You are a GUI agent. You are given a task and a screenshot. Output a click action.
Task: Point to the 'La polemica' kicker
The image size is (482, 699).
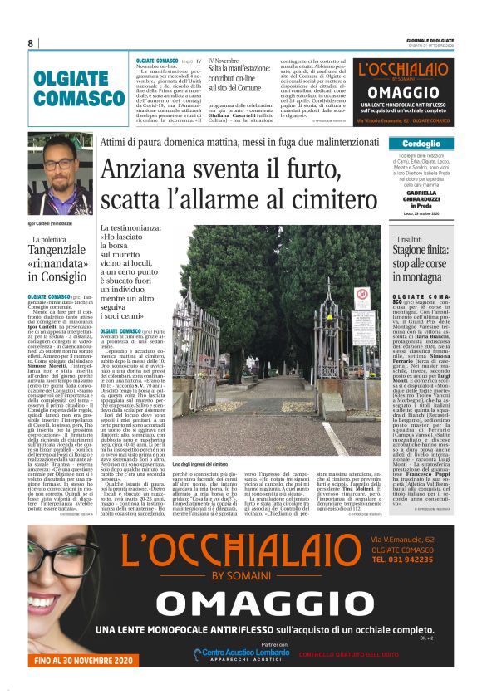pyautogui.click(x=54, y=239)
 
